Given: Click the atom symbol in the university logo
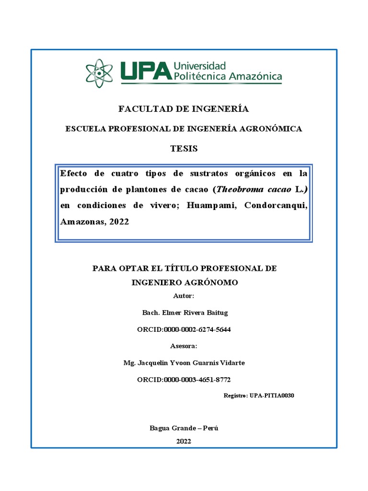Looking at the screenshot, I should point(100,72).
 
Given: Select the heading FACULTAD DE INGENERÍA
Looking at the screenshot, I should point(184,109).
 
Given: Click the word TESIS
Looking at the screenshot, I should point(184,149).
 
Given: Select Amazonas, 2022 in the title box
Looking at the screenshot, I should point(94,222).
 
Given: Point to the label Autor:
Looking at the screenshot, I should point(184,296).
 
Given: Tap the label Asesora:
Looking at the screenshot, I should point(184,346).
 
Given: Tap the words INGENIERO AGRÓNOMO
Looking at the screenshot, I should point(184,282).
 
